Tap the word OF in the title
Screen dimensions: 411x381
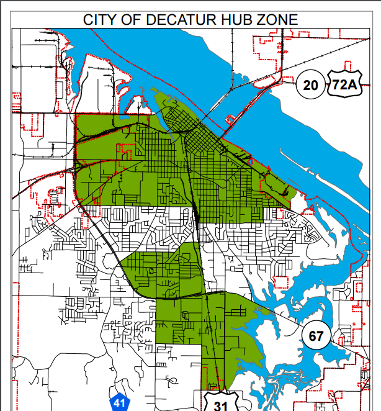coord(133,19)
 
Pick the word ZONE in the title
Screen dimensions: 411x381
coord(276,19)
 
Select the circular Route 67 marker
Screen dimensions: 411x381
coord(316,336)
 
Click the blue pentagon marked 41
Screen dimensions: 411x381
coord(120,402)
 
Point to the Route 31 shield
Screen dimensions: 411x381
coord(220,402)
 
